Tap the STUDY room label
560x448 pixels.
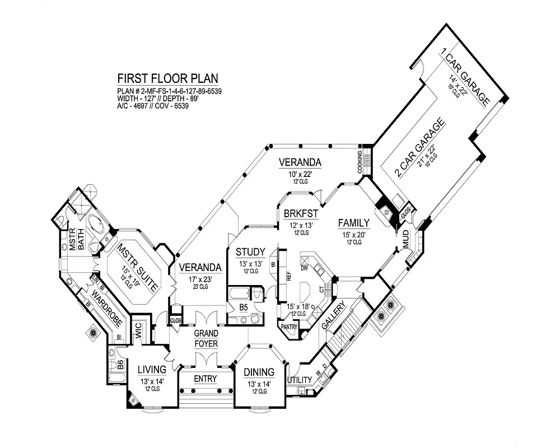(250, 251)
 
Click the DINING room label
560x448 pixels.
(259, 372)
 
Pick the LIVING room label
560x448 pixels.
(152, 370)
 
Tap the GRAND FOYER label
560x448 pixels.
(206, 339)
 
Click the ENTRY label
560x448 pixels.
(205, 379)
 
